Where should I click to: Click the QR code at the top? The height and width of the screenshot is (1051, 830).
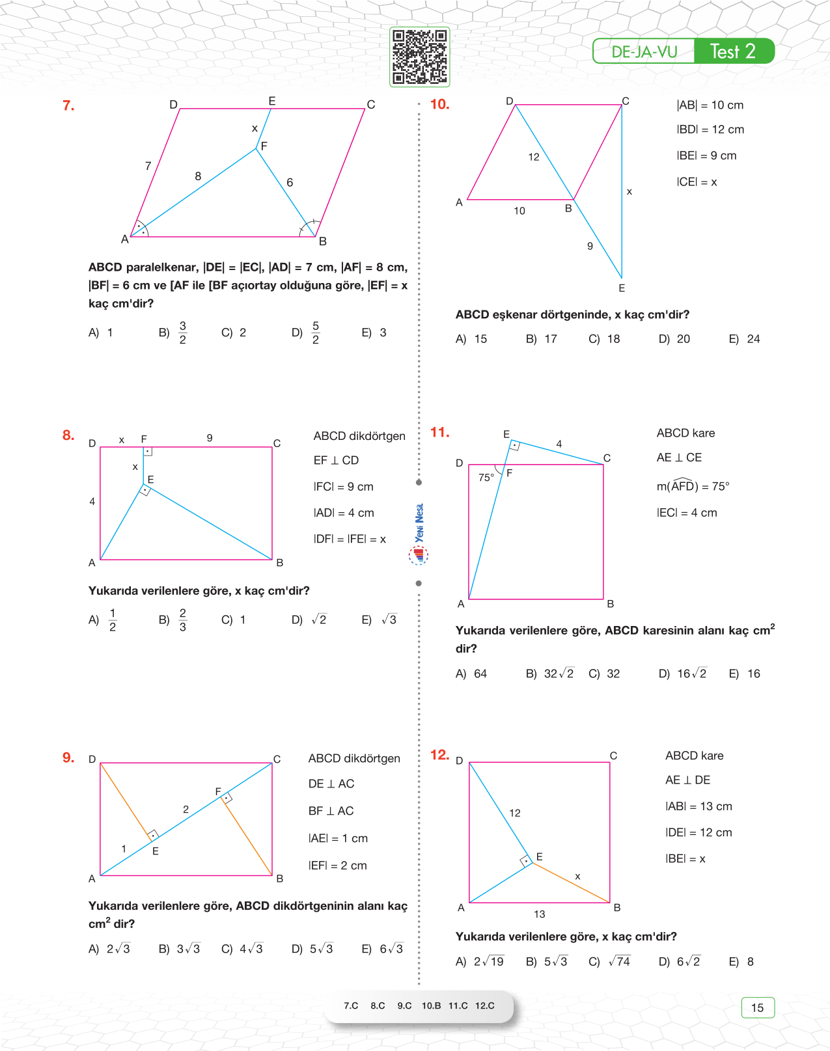419,57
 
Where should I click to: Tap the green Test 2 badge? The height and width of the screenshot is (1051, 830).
733,51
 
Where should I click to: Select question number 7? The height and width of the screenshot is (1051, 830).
68,105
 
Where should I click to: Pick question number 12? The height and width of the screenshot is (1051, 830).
439,755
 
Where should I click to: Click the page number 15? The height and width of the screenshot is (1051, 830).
757,1007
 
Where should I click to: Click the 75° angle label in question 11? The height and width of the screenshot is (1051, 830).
486,478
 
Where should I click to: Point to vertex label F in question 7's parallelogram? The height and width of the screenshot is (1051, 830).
264,146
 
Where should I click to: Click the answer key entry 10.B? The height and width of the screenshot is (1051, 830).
431,1005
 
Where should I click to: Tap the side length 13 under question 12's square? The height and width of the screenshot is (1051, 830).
539,914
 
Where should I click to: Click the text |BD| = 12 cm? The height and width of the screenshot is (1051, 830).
710,130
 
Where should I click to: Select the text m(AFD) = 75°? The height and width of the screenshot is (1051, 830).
693,486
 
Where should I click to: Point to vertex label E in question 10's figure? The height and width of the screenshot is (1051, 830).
622,288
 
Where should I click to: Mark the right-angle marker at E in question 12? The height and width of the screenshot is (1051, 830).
526,862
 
